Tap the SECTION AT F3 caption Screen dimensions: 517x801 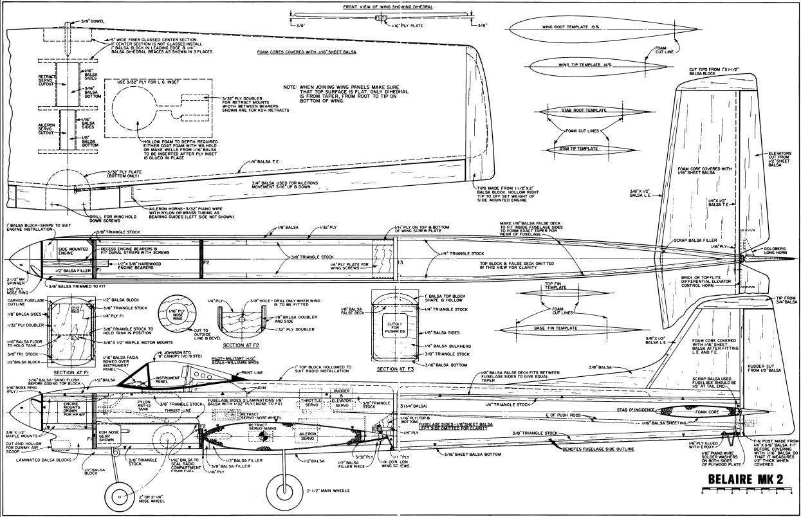(396, 369)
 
